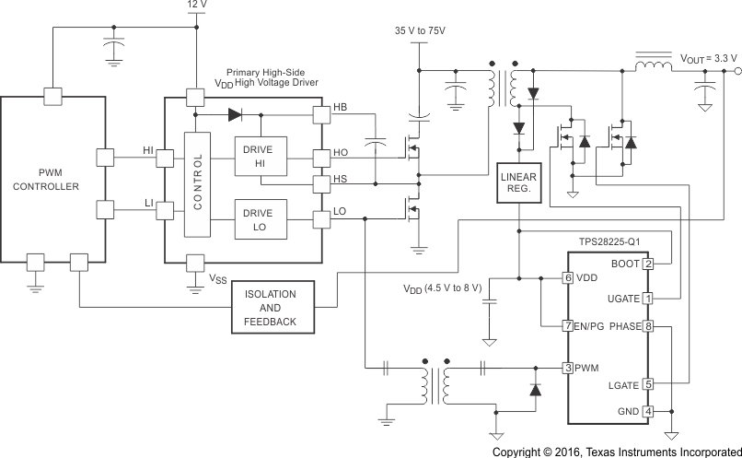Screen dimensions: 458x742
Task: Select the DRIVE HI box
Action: click(261, 156)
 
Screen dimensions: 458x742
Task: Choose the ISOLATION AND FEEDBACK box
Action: click(270, 308)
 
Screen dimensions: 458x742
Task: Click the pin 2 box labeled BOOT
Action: click(648, 264)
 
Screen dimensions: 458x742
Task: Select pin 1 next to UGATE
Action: click(648, 299)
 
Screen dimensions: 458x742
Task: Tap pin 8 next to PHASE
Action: click(648, 326)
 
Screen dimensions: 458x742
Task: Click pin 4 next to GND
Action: click(648, 411)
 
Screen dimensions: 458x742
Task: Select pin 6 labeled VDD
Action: click(569, 277)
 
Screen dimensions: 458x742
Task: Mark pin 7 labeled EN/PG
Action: click(569, 326)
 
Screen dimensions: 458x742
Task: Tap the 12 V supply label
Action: click(198, 6)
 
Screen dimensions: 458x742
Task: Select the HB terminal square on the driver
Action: click(320, 116)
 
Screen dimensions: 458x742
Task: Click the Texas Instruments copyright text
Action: click(616, 452)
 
